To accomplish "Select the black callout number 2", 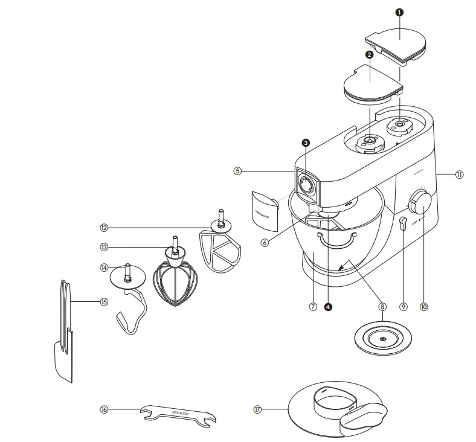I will (368, 54).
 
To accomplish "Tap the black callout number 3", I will (306, 143).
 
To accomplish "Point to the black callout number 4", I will (328, 307).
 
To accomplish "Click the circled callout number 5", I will (237, 171).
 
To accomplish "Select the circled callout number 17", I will (258, 409).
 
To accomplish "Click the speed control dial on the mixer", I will (421, 202).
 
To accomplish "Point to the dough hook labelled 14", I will (130, 299).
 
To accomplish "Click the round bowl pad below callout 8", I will (383, 340).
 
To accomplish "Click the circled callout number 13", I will (104, 246).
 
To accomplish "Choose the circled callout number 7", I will (312, 307).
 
